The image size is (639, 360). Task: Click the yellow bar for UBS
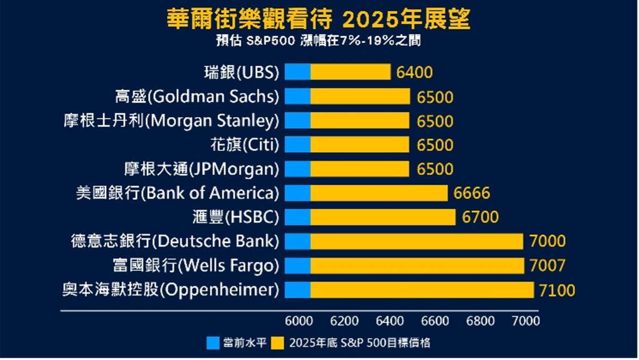click(351, 72)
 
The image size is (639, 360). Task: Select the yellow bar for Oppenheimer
click(422, 290)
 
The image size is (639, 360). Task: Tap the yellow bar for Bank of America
click(379, 193)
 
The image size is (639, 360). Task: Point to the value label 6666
click(472, 193)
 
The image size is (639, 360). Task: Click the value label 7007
click(548, 265)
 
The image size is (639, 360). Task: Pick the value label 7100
click(557, 290)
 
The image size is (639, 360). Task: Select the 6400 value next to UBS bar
click(415, 72)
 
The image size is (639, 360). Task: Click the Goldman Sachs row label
click(197, 97)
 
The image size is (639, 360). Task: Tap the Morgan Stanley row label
click(170, 121)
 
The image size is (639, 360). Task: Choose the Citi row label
click(245, 145)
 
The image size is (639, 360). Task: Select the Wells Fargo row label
click(196, 266)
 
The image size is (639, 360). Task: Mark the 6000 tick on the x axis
click(299, 321)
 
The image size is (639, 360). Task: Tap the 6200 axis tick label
click(344, 321)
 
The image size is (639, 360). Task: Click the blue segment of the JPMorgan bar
click(297, 169)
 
